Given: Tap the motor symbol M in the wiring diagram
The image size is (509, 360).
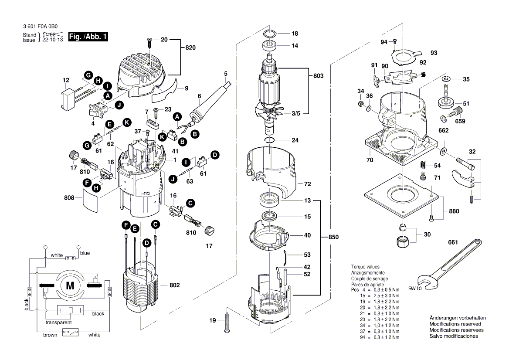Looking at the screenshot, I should click(70, 286).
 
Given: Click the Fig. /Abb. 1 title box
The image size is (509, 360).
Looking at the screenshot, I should click(88, 37).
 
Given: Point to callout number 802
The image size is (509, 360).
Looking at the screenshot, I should click(174, 285).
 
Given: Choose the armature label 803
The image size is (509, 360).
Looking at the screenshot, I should click(318, 76).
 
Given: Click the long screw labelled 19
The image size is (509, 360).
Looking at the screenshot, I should click(227, 322).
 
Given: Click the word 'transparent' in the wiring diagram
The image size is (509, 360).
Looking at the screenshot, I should click(58, 323).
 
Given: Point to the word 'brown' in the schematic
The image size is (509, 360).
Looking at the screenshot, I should click(50, 335).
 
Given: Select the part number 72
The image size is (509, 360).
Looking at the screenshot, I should click(307, 184).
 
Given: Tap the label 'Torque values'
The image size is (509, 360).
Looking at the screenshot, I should click(365, 267).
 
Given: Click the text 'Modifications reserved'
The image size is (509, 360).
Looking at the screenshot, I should click(455, 324).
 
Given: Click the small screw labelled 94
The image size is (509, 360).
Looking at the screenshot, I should click(394, 41).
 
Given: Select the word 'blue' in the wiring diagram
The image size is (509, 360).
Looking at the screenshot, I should click(85, 253).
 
